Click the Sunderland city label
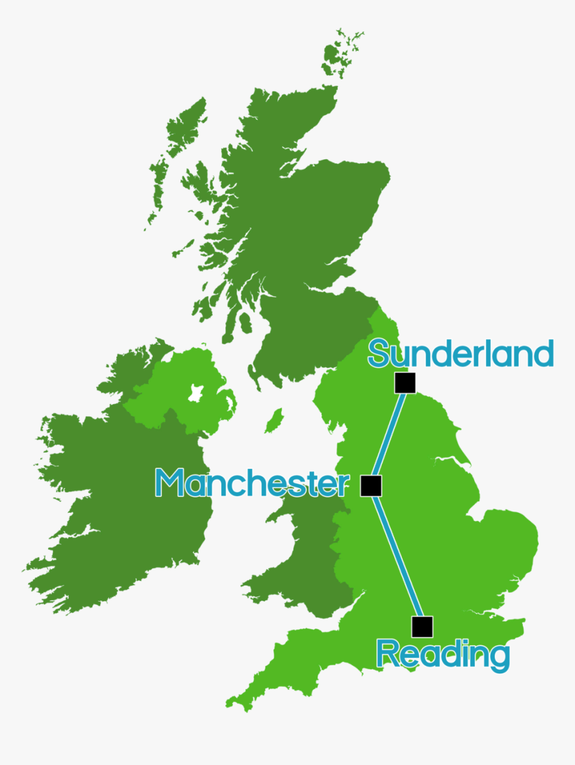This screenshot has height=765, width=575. pos(460,354)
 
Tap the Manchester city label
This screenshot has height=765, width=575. pos(251,483)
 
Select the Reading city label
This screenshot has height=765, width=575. pos(443,654)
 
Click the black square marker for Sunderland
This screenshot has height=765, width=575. pos(405,383)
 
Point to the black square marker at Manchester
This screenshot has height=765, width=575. pos(371,485)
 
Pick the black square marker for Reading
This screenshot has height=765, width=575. pos(422,627)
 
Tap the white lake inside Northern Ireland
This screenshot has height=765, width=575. pos(196,393)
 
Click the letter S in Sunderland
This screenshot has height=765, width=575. pos(378,354)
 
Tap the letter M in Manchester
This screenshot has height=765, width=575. pos(170,483)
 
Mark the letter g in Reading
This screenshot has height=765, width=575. pos(498,658)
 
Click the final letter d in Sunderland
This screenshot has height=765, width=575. pos(544,354)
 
